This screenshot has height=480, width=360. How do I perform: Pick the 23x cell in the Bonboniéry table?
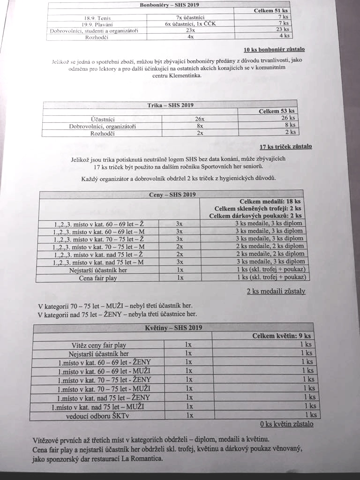(190, 30)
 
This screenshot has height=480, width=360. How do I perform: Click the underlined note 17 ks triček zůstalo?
(286, 147)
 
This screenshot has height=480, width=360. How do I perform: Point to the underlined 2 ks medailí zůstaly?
(276, 292)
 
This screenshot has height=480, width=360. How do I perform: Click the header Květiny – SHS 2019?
(173, 327)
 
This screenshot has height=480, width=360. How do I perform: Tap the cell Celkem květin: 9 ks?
(281, 336)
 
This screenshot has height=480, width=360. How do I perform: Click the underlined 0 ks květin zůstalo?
(286, 424)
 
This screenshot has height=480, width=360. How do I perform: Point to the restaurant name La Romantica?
(142, 459)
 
